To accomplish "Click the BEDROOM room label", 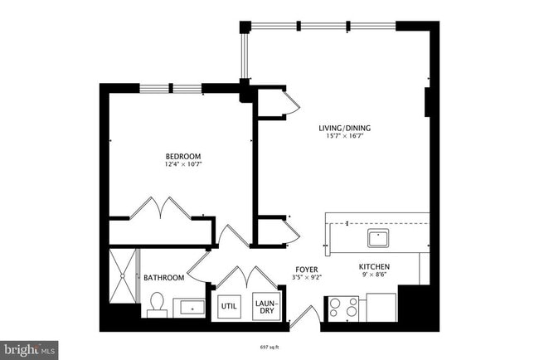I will tap(183, 156).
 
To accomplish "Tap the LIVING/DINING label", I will tap(345, 128).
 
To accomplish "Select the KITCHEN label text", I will tap(374, 267).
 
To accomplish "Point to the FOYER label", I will tap(306, 269).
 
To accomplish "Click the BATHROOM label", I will tap(163, 278).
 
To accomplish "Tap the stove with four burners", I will tap(343, 309).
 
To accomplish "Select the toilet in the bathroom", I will tap(157, 308).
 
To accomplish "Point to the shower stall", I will tap(125, 275).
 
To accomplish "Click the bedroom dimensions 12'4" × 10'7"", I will tap(183, 164).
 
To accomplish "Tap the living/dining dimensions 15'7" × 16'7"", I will tap(345, 136).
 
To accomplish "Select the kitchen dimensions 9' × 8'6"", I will tap(374, 276).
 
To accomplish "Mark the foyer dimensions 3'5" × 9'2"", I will tap(306, 277).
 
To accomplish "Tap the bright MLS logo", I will tap(30, 350).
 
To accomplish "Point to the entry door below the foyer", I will tap(304, 317).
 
